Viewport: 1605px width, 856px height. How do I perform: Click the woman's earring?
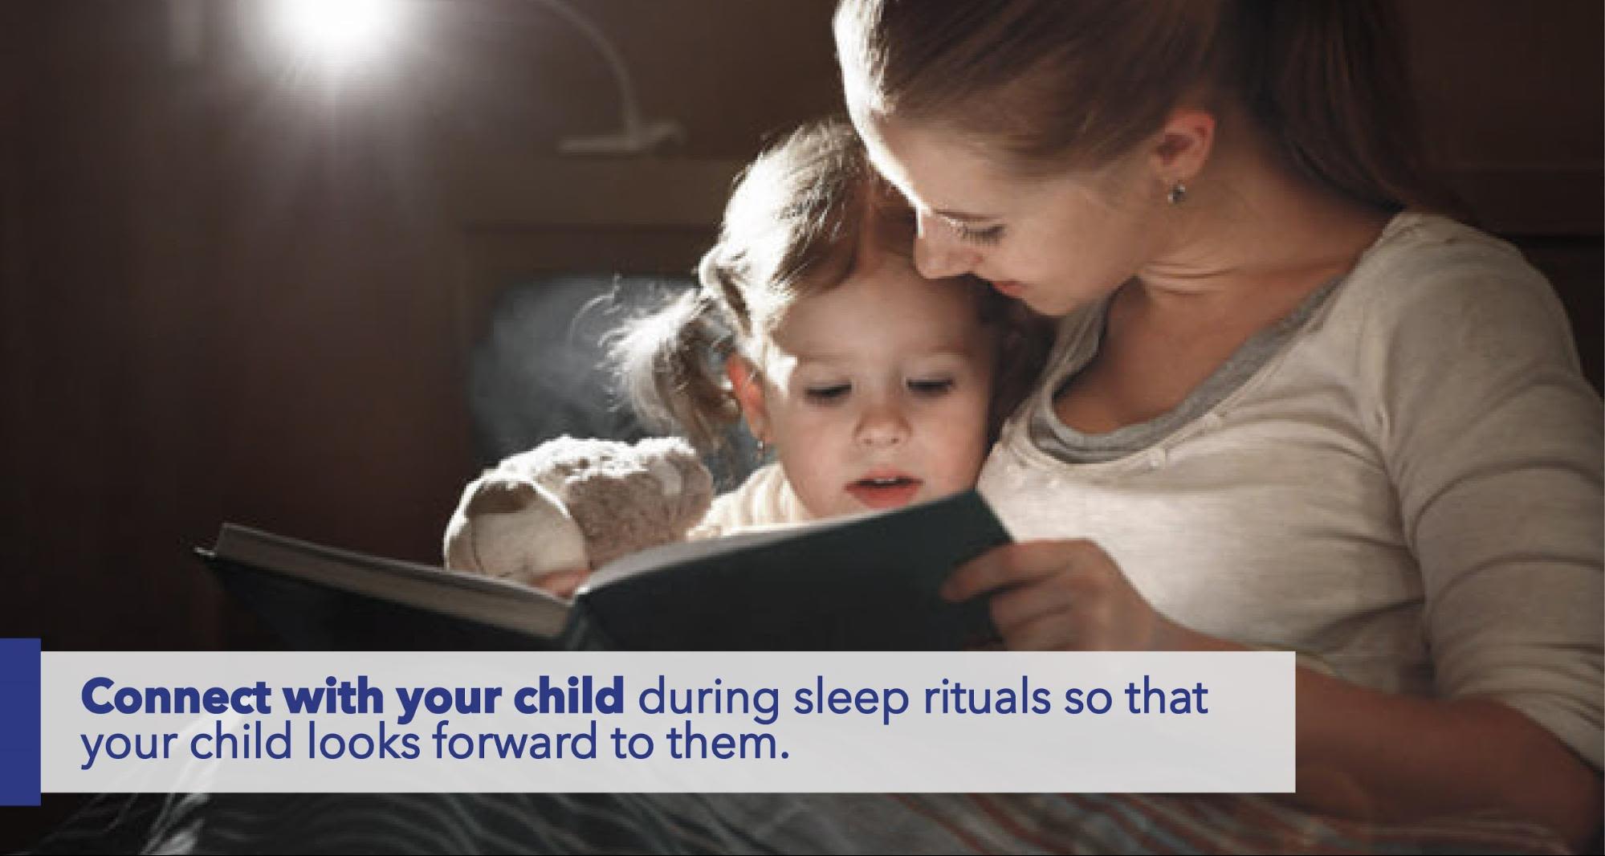tap(1179, 192)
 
